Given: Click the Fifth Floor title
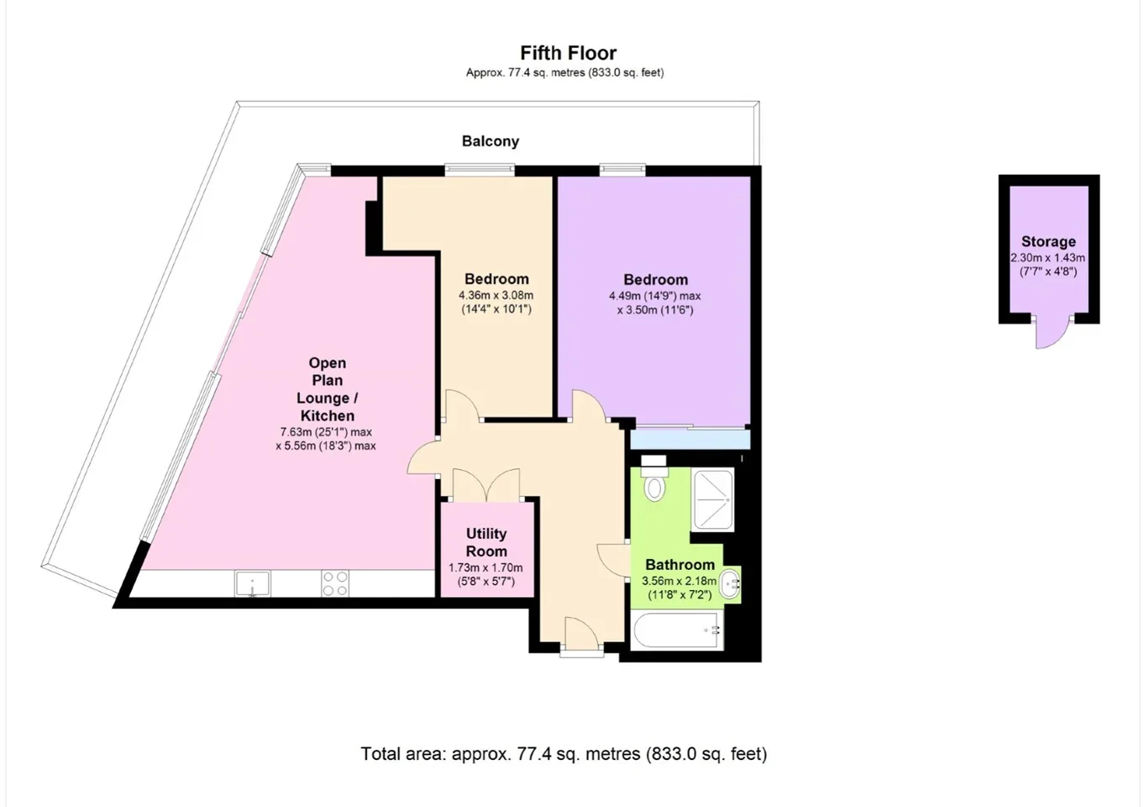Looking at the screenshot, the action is pyautogui.click(x=568, y=53).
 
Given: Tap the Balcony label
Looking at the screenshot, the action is pyautogui.click(x=491, y=141).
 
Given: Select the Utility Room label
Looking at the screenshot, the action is pyautogui.click(x=486, y=542).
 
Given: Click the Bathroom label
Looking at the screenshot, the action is pyautogui.click(x=680, y=565).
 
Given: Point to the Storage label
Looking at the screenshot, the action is pyautogui.click(x=1048, y=241).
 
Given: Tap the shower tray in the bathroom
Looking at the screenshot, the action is pyautogui.click(x=712, y=499).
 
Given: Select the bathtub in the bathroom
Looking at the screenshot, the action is pyautogui.click(x=677, y=630).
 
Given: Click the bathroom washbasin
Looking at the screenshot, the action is pyautogui.click(x=730, y=583).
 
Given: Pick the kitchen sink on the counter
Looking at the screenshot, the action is pyautogui.click(x=252, y=583).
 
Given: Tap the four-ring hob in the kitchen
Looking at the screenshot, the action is pyautogui.click(x=335, y=583).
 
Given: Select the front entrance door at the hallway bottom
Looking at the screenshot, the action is pyautogui.click(x=582, y=636).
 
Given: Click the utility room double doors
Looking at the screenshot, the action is pyautogui.click(x=486, y=484).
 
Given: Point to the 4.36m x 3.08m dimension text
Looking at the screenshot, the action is pyautogui.click(x=496, y=295).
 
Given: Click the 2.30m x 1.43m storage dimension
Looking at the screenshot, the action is pyautogui.click(x=1048, y=258).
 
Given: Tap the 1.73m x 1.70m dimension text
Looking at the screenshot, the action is pyautogui.click(x=485, y=567).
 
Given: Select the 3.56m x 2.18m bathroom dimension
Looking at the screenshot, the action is pyautogui.click(x=680, y=581).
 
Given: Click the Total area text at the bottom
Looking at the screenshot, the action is pyautogui.click(x=564, y=754).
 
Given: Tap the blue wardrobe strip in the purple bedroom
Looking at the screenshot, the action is pyautogui.click(x=690, y=440).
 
